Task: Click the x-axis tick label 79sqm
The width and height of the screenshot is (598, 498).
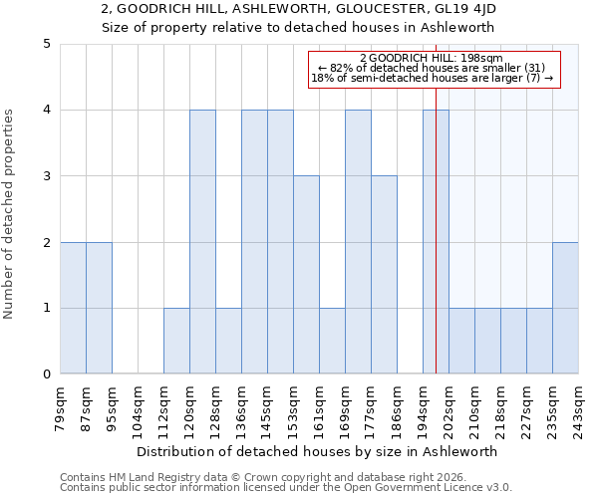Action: (x=61, y=407)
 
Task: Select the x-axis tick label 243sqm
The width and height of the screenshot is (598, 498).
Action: (x=579, y=407)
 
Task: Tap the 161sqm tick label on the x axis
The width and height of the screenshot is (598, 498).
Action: (x=320, y=407)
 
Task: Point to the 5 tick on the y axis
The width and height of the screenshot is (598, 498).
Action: (x=46, y=44)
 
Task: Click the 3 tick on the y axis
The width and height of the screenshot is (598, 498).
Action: (x=46, y=176)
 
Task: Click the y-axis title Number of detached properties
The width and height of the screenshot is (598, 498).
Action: (x=9, y=209)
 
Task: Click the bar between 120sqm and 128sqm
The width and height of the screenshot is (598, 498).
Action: (x=202, y=242)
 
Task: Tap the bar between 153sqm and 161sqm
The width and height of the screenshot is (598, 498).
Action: (x=306, y=275)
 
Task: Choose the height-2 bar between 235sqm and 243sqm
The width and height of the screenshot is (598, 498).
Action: (x=565, y=308)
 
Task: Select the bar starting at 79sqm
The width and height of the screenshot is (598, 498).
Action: (x=73, y=308)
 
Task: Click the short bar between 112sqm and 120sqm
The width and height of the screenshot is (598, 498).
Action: (x=176, y=342)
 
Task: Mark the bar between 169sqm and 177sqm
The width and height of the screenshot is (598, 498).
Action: (x=358, y=242)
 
